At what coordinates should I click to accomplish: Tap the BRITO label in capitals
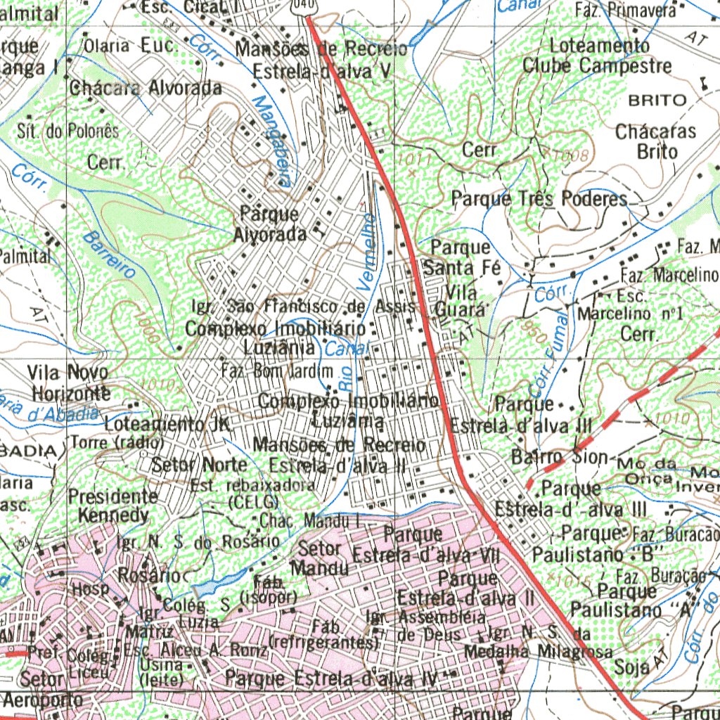point(657,100)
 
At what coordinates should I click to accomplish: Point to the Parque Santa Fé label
point(461,257)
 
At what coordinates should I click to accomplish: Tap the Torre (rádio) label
point(117,443)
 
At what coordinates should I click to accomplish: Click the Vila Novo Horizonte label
point(69,382)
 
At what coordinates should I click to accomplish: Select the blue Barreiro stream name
point(108,257)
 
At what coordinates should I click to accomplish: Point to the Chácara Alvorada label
point(145,89)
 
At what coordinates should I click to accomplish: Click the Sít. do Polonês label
point(68,131)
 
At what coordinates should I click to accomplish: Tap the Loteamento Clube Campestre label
point(597,56)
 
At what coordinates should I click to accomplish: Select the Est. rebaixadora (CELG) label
point(252,493)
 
